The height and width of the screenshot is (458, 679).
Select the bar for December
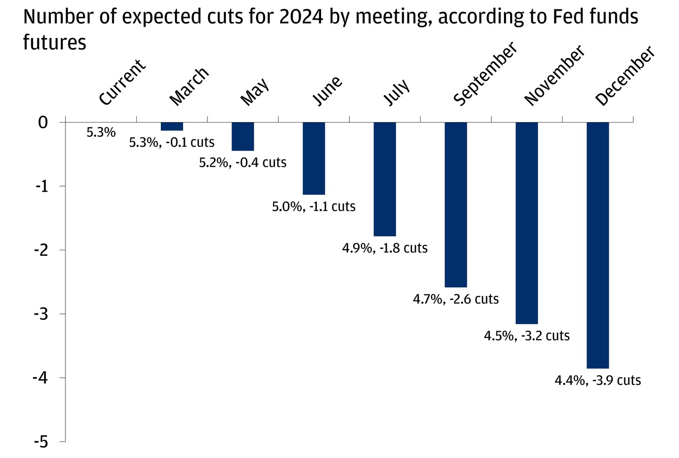point(597,245)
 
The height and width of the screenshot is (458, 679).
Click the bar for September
point(456,204)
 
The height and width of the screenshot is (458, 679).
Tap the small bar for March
point(172,126)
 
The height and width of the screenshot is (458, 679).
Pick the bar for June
point(314,158)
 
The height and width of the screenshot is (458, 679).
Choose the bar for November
point(527,223)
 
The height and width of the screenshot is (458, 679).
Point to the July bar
point(385,179)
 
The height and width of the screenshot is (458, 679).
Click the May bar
point(243,137)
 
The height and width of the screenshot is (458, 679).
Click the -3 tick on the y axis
point(42,314)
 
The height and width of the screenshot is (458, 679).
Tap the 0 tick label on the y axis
point(43,123)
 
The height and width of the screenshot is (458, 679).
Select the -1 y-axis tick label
point(42,186)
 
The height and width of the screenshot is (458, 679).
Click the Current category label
point(123,82)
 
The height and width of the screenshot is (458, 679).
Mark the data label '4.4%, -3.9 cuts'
point(597,380)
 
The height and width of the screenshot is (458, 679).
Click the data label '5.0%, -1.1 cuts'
point(314,206)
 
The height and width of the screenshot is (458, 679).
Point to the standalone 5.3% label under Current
point(101,132)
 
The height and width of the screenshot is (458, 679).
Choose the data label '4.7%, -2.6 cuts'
point(456,299)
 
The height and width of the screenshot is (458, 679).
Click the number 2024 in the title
point(301,17)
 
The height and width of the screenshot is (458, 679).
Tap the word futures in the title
point(55,42)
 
